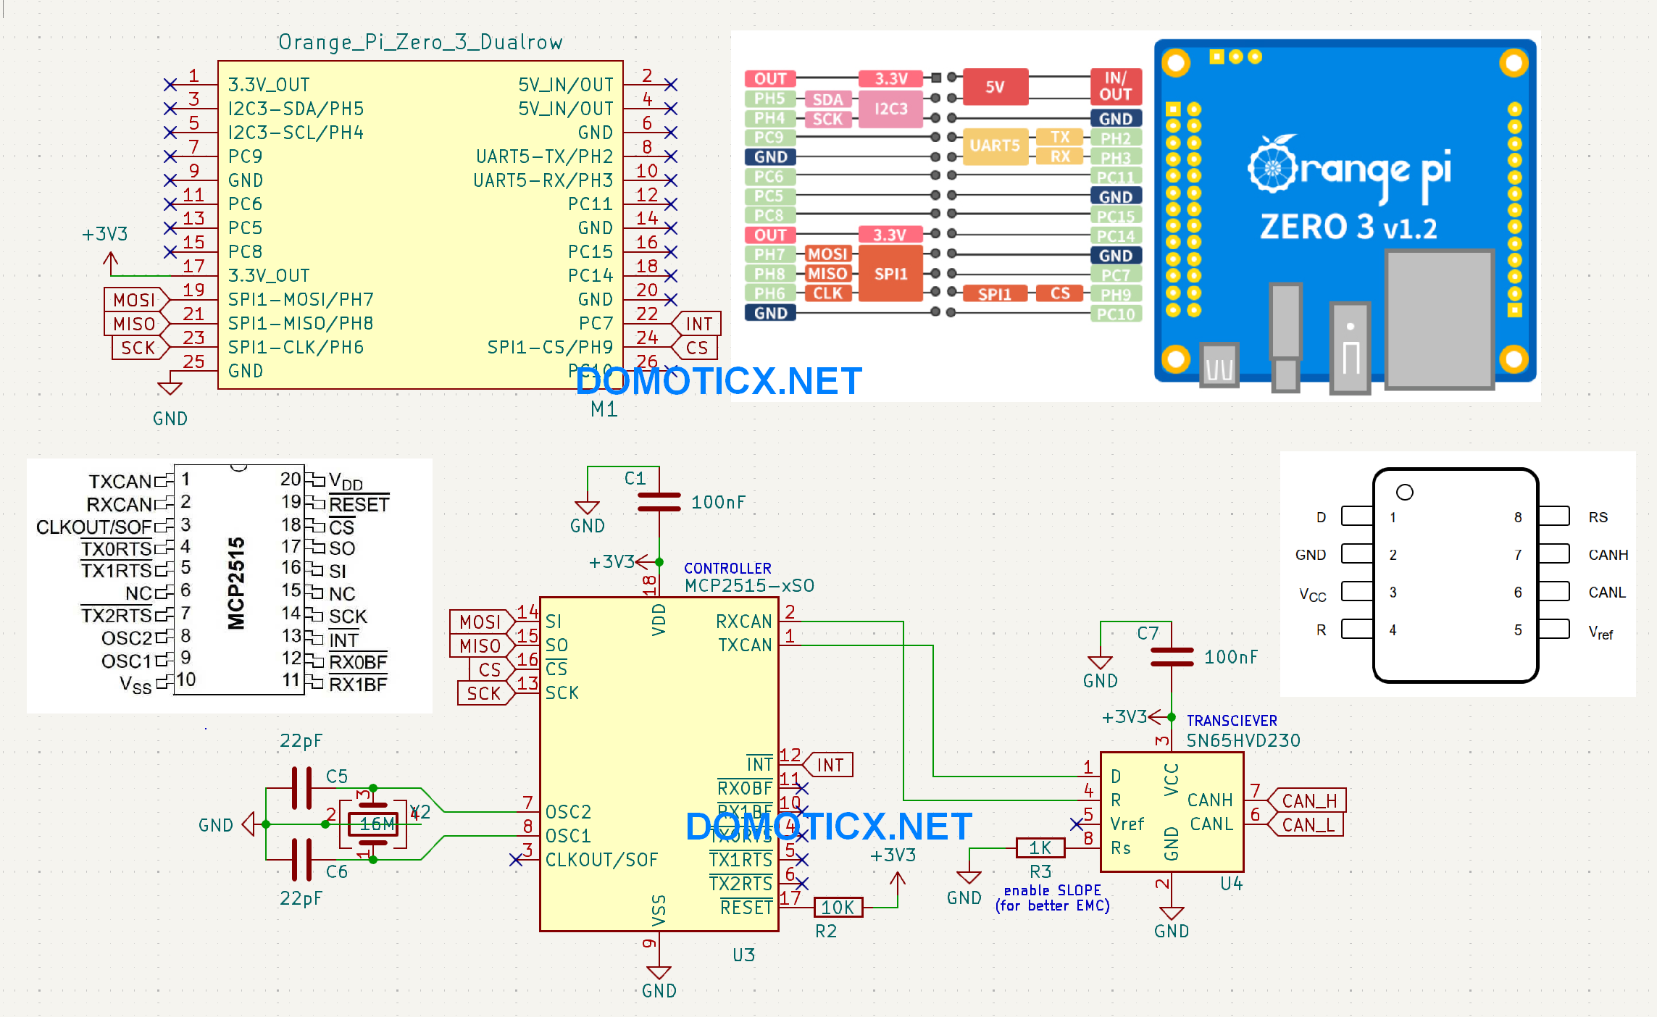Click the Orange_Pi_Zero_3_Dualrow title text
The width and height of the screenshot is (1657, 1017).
pyautogui.click(x=420, y=42)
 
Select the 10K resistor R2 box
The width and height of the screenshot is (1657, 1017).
pyautogui.click(x=838, y=907)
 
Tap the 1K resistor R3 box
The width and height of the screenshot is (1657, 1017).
pyautogui.click(x=1040, y=847)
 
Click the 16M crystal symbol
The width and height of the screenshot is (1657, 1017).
pyautogui.click(x=374, y=824)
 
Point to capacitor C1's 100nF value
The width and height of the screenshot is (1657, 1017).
pyautogui.click(x=717, y=502)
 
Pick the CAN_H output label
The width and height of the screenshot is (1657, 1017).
pyautogui.click(x=1309, y=800)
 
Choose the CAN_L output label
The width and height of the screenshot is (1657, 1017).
pyautogui.click(x=1307, y=824)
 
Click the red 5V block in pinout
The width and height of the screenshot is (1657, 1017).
pyautogui.click(x=995, y=87)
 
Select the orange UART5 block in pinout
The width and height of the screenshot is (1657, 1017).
pyautogui.click(x=994, y=146)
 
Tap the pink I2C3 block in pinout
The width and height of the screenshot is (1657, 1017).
pyautogui.click(x=890, y=109)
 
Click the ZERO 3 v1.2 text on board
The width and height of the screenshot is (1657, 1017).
pyautogui.click(x=1348, y=227)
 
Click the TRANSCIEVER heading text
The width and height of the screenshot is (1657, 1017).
pyautogui.click(x=1231, y=720)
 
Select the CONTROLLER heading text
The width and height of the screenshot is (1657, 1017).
pyautogui.click(x=727, y=568)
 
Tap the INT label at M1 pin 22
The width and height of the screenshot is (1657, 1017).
pyautogui.click(x=698, y=324)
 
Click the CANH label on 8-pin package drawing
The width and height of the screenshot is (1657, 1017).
pyautogui.click(x=1608, y=555)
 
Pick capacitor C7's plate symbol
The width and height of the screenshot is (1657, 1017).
pyautogui.click(x=1172, y=657)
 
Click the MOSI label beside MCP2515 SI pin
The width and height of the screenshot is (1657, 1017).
pyautogui.click(x=480, y=621)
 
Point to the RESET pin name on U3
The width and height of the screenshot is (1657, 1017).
pyautogui.click(x=746, y=907)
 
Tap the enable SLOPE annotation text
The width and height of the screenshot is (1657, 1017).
pyautogui.click(x=1052, y=890)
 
